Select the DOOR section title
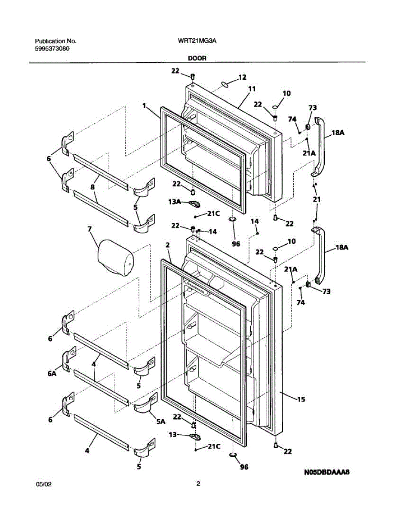coord(197,58)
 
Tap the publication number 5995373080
coord(52,49)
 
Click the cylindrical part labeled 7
coord(115,258)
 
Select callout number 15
coord(301,399)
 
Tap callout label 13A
coord(175,202)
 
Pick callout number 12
coord(242,77)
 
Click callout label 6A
coord(52,374)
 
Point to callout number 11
coord(252,89)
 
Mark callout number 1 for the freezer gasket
coord(144,106)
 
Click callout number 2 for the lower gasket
coord(168,245)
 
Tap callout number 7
coord(89,229)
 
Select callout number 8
coord(92,187)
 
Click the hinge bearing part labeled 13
coord(195,436)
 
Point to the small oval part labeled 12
coord(225,84)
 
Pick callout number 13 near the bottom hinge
coord(172,435)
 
